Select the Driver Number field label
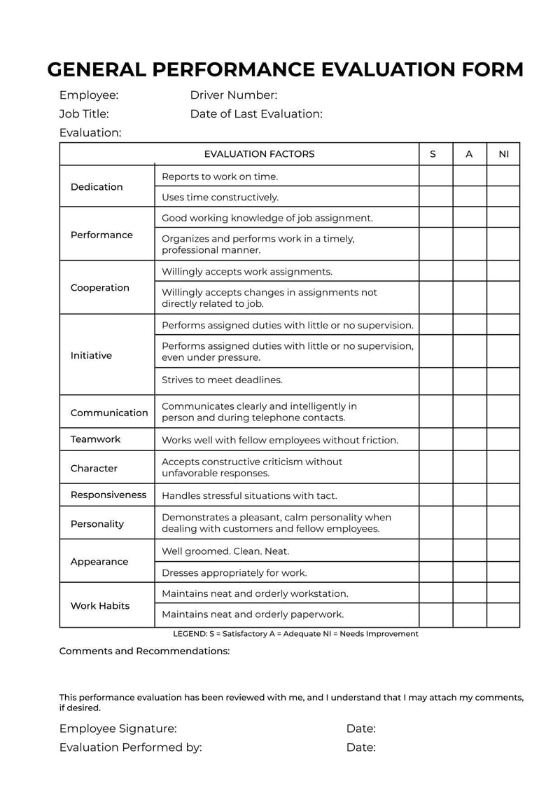(233, 95)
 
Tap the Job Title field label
(84, 113)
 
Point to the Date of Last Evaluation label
(256, 113)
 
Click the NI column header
(503, 154)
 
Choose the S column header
(433, 154)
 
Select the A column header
(469, 154)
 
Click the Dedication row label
(97, 187)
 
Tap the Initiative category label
(91, 355)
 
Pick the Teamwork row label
(95, 439)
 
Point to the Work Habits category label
(100, 606)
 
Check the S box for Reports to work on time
(435, 177)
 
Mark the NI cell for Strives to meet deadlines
(503, 380)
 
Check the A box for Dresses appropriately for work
(470, 572)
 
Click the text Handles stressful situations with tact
(249, 495)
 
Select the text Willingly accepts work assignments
(247, 272)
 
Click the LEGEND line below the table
(295, 634)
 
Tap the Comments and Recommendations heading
(144, 651)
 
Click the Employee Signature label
(118, 729)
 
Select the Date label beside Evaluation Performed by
(361, 747)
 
